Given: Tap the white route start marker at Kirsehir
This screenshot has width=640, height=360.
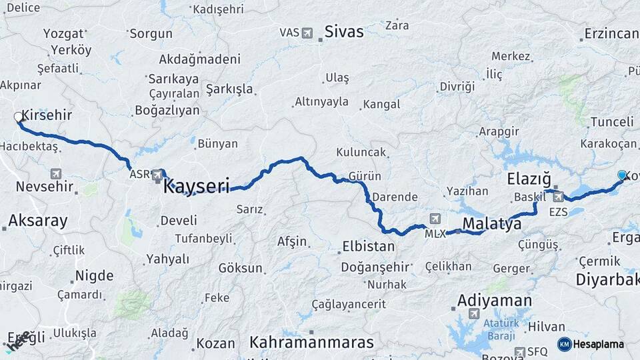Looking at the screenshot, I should coord(19,117).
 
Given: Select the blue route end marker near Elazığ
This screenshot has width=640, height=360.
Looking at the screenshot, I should coord(622,175).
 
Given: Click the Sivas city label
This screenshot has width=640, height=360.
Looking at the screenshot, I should coord(344,31).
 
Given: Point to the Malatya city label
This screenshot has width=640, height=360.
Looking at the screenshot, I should coord(491,224).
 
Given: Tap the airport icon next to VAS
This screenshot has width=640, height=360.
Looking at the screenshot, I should coord(307,32).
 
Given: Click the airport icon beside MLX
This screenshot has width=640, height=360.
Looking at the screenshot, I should coord(435,218).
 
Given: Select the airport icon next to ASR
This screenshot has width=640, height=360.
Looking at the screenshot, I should coord(157,175).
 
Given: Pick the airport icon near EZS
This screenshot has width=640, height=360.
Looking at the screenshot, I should coord(557,197).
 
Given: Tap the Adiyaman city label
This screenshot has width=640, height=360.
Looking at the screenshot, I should coord(494,301).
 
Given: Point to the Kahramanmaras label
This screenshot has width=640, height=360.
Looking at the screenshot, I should coord(311,343).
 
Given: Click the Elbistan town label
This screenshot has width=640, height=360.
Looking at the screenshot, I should coord(368,246).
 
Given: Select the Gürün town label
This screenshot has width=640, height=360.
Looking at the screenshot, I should coord(365,176).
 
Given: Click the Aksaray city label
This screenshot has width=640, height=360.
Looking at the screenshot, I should coord(38,221).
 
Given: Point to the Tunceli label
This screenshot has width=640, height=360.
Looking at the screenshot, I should coord(611,122).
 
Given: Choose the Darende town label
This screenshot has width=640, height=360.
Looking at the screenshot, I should coord(395,197).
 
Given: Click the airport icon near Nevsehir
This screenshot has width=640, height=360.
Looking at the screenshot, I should coord(55,174).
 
